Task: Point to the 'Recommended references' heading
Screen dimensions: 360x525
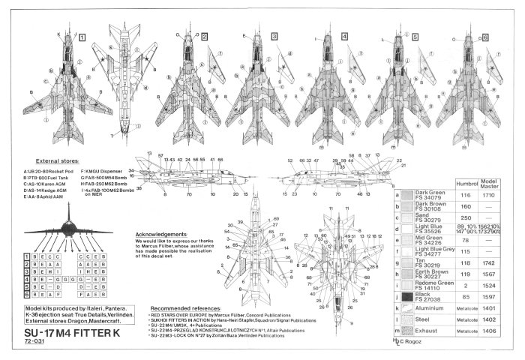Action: click(x=187, y=307)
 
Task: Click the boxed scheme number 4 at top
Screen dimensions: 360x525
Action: click(x=344, y=36)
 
